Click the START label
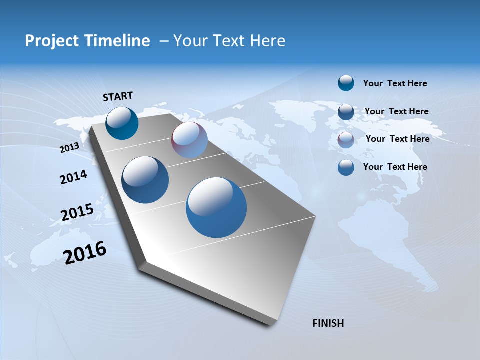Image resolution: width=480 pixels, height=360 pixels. (118, 96)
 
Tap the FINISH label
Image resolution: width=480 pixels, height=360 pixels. (328, 323)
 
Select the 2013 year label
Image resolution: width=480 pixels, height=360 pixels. (69, 147)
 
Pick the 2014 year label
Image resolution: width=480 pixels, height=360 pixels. (73, 177)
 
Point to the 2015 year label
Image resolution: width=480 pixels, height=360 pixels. (77, 212)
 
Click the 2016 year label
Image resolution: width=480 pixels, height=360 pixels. (85, 252)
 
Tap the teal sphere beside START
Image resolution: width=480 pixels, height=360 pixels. (122, 123)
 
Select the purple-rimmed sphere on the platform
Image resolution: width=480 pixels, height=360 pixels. (189, 140)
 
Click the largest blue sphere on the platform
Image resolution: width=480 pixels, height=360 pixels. (216, 207)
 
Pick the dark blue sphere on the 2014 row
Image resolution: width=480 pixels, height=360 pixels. (145, 180)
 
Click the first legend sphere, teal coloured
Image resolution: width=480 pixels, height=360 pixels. (346, 83)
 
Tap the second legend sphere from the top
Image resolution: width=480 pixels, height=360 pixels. (346, 112)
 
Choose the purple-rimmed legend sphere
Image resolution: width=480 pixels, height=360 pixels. (346, 140)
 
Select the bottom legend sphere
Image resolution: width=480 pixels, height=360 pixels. (346, 167)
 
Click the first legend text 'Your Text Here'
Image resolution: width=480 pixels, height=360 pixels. (395, 83)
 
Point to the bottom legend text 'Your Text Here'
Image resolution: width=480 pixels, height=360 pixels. (395, 167)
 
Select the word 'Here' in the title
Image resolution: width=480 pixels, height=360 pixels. (267, 41)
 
